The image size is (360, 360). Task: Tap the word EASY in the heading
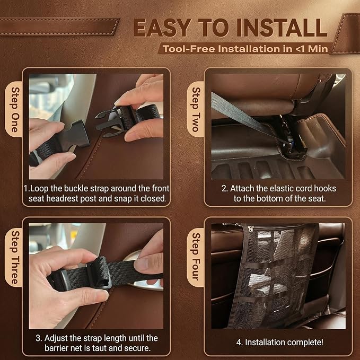(163, 28)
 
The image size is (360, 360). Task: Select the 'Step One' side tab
(14, 109)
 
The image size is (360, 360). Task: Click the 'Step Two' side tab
(196, 109)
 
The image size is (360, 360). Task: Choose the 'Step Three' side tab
(14, 257)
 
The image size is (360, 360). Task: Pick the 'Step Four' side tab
(196, 257)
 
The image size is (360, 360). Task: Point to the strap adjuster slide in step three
(99, 273)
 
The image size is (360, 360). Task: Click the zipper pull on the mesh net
(250, 229)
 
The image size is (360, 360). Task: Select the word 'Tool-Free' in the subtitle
(189, 49)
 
